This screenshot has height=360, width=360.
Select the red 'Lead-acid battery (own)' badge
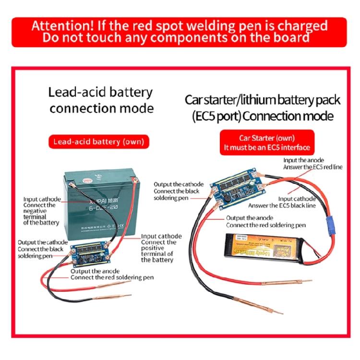(98, 142)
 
